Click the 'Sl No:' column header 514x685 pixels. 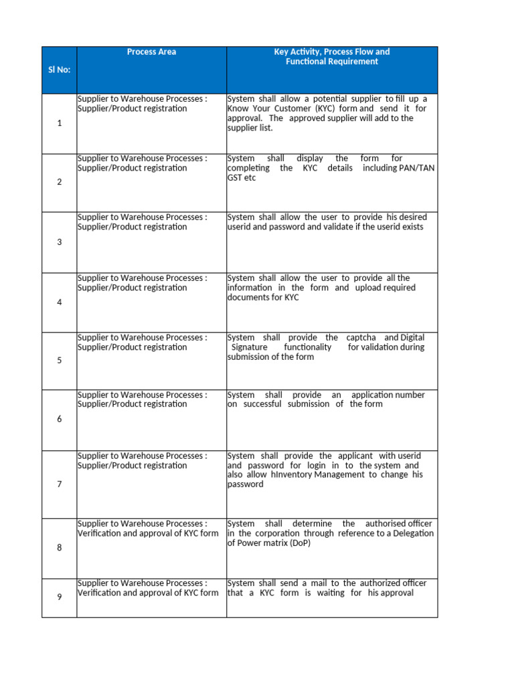[x=59, y=69]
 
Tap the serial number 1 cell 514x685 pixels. [x=59, y=124]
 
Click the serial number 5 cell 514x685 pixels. [x=59, y=361]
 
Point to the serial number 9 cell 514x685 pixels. [x=59, y=597]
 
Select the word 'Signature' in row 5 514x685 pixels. [x=249, y=347]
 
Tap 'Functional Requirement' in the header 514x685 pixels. [x=332, y=62]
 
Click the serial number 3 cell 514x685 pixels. [x=59, y=242]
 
